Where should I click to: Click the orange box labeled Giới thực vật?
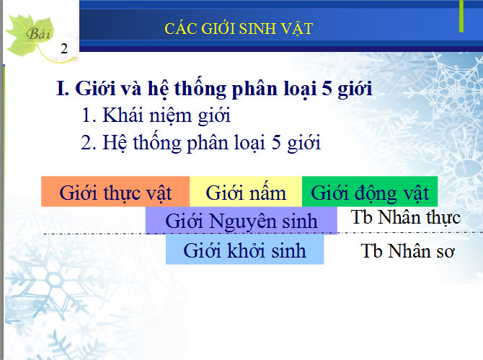pos(115,193)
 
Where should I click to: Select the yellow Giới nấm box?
pos(246,193)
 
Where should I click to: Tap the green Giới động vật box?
pos(370,193)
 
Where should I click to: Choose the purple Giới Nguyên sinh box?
pos(241,221)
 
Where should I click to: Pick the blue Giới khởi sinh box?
pos(244,250)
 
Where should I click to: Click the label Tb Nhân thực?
pos(405,218)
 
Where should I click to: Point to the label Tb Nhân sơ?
pos(408,252)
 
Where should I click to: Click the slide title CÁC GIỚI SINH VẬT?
pos(239,29)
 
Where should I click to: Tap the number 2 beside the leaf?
pos(64,49)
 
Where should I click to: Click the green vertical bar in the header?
pos(461,16)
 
